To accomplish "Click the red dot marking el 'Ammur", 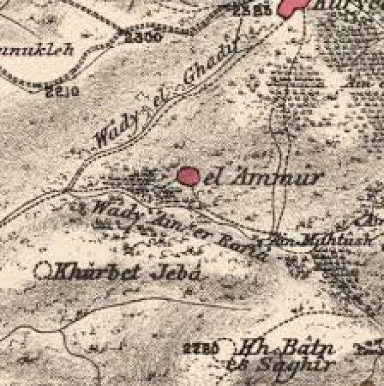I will (188, 175).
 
